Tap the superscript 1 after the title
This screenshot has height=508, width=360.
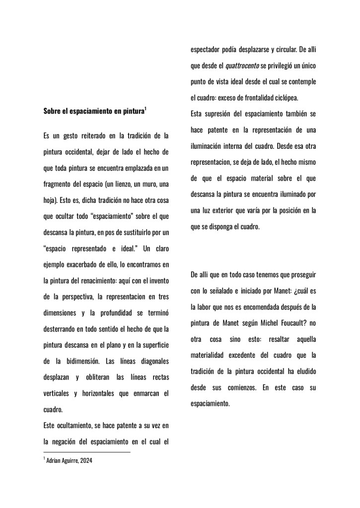tap(145, 109)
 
